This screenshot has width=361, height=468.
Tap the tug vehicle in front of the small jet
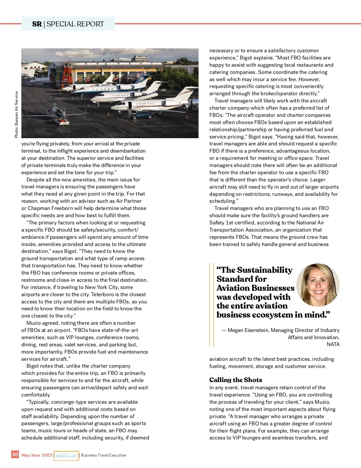(x=62, y=122)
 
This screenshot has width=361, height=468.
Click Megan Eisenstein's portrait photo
(x=318, y=284)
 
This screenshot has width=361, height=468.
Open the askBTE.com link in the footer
(x=66, y=455)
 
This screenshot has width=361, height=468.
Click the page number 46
(x=15, y=454)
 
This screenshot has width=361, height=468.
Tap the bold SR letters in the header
(x=37, y=24)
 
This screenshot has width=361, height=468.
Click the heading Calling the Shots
(x=236, y=380)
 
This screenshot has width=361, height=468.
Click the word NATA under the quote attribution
(x=333, y=344)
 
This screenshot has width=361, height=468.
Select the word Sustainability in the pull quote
(x=264, y=270)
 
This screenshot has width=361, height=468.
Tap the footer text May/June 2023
(x=37, y=455)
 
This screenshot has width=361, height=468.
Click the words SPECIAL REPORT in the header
(x=75, y=24)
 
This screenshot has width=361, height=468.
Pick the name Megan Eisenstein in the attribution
(x=248, y=330)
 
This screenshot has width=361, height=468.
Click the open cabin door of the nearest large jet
(x=130, y=106)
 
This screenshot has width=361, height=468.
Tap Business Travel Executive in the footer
(x=103, y=455)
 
